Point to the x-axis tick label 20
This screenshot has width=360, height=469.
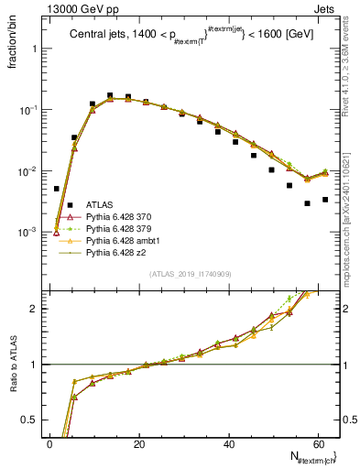139,444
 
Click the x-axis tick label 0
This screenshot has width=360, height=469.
49,444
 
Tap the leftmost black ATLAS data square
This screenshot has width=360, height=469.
57,189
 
